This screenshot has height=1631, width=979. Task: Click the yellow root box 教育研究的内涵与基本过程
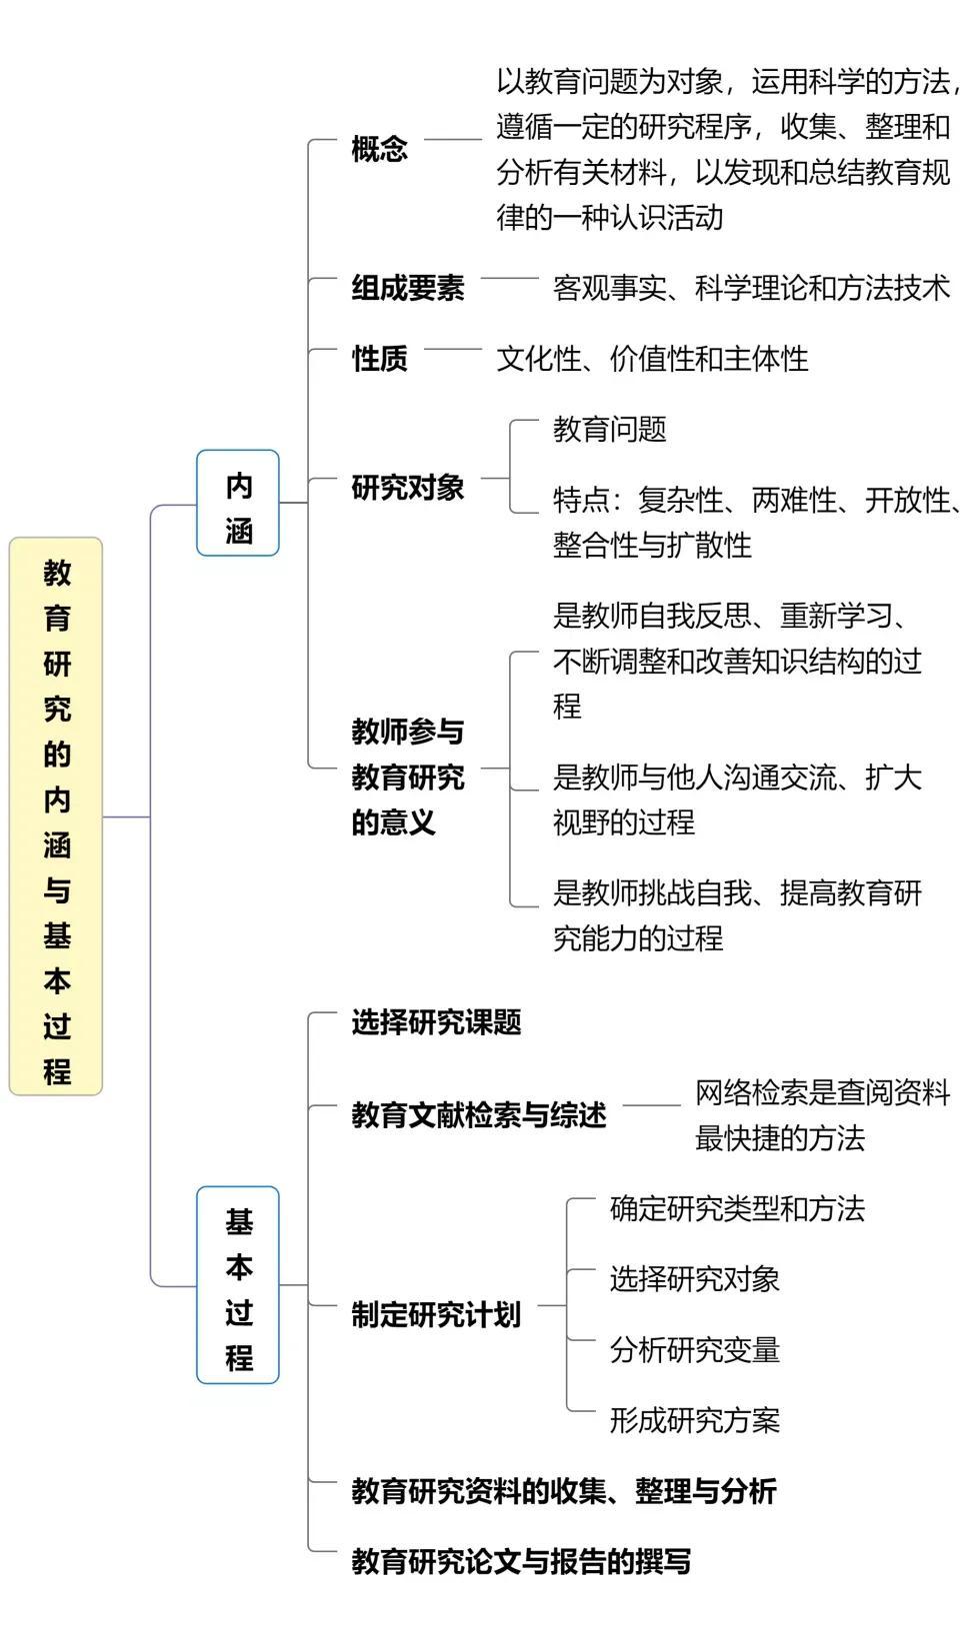coord(56,816)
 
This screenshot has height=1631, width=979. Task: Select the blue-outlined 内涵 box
coord(238,504)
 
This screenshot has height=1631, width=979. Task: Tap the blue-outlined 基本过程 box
coord(238,1285)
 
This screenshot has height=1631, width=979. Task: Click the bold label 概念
coord(379,149)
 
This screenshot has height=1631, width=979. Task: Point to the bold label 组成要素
coord(408,288)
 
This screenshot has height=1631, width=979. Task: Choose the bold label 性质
coord(379,358)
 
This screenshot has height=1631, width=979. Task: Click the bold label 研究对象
coord(408,488)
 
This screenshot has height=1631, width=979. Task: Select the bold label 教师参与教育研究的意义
coord(408,777)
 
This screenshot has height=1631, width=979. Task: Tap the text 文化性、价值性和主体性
coord(652,358)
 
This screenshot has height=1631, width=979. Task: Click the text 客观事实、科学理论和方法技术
coord(751,288)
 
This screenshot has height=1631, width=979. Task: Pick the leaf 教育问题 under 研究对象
coord(609,430)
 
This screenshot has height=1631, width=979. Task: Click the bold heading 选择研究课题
coord(436,1021)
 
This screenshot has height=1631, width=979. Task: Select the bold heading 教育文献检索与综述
coord(479,1114)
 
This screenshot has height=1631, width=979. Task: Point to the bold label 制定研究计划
coord(436,1314)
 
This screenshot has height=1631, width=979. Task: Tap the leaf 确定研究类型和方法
coord(737,1209)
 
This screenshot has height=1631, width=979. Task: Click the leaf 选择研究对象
coord(694,1279)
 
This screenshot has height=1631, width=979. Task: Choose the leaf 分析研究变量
coord(694,1350)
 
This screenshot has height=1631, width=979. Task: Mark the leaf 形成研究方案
coord(694,1420)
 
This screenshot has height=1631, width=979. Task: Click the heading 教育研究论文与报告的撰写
coord(521,1561)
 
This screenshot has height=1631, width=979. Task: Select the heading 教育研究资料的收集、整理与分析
coord(564,1491)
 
